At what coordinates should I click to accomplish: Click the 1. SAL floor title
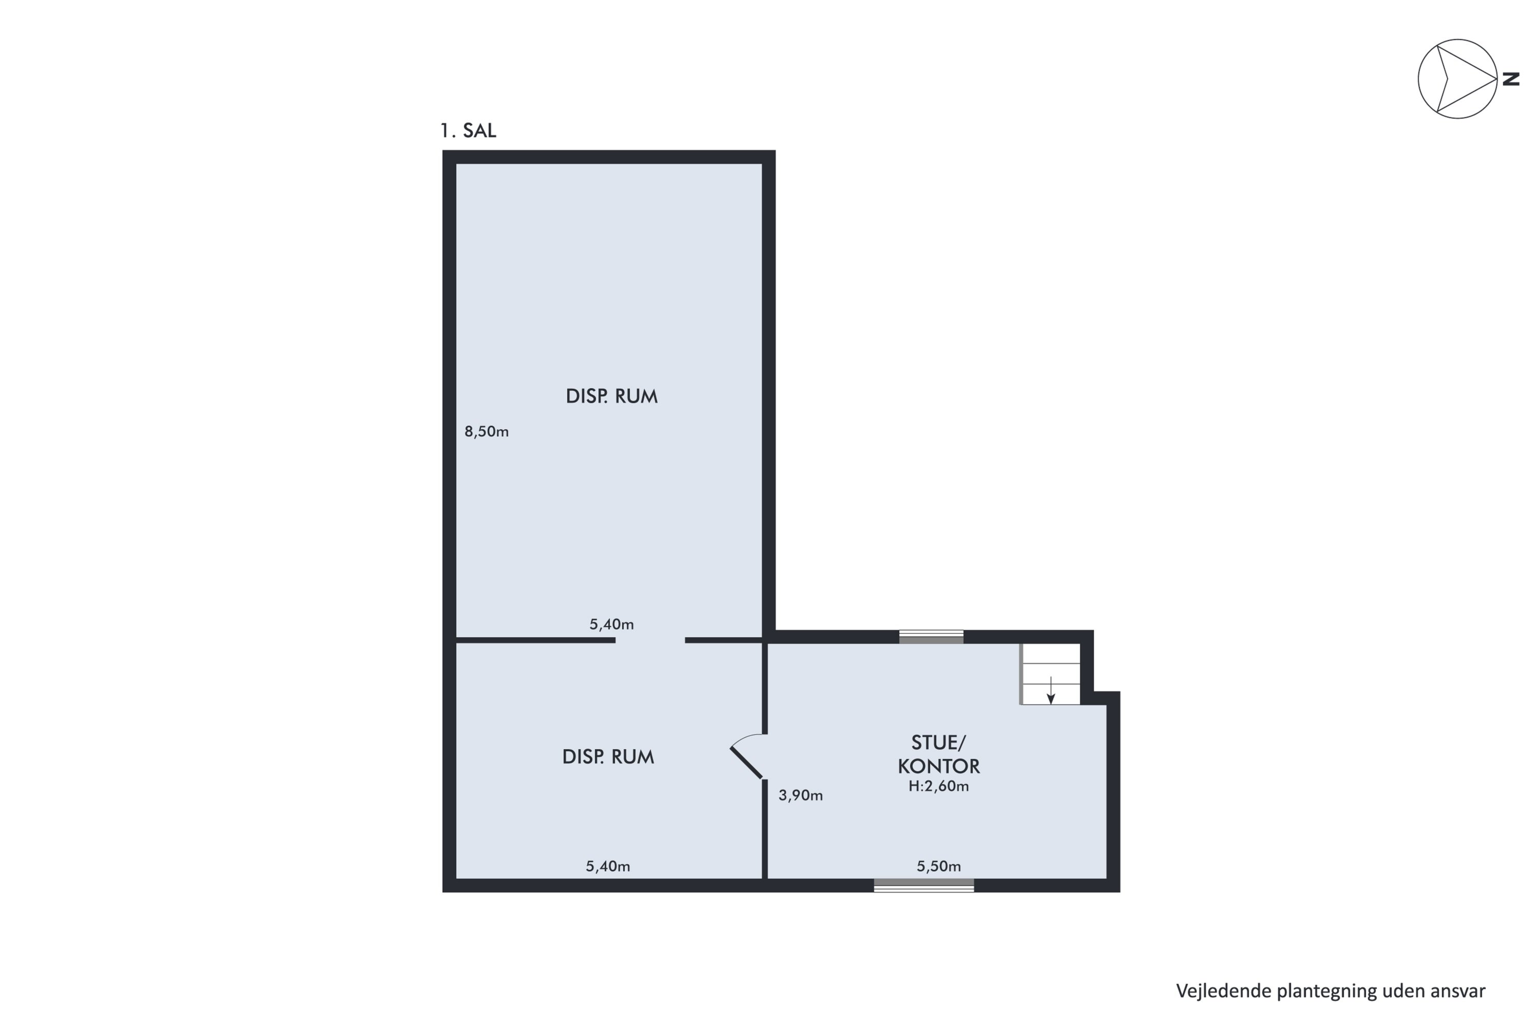coord(468,131)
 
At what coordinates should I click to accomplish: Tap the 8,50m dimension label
coord(487,432)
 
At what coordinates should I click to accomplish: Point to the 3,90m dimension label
coord(800,796)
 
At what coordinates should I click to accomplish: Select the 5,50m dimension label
coord(938,867)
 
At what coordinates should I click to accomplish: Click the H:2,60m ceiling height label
coord(938,787)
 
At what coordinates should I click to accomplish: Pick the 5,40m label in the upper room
coord(611,625)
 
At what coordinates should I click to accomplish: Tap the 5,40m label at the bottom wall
coord(608,867)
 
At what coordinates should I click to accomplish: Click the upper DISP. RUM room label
coord(611,396)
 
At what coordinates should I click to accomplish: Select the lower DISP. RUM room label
coord(608,757)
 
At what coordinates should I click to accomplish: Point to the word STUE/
coord(938,743)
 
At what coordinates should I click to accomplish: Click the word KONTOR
coord(938,766)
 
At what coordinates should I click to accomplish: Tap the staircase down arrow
coord(1051,690)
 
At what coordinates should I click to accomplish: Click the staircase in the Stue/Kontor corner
coord(1050,674)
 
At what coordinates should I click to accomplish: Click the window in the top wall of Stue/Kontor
coord(931,637)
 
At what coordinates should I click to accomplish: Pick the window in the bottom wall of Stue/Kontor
coord(924,885)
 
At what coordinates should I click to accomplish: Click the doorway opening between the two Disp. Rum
coord(650,640)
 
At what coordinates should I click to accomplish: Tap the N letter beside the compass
coord(1511,79)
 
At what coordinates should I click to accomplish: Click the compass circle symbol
coord(1457,79)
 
